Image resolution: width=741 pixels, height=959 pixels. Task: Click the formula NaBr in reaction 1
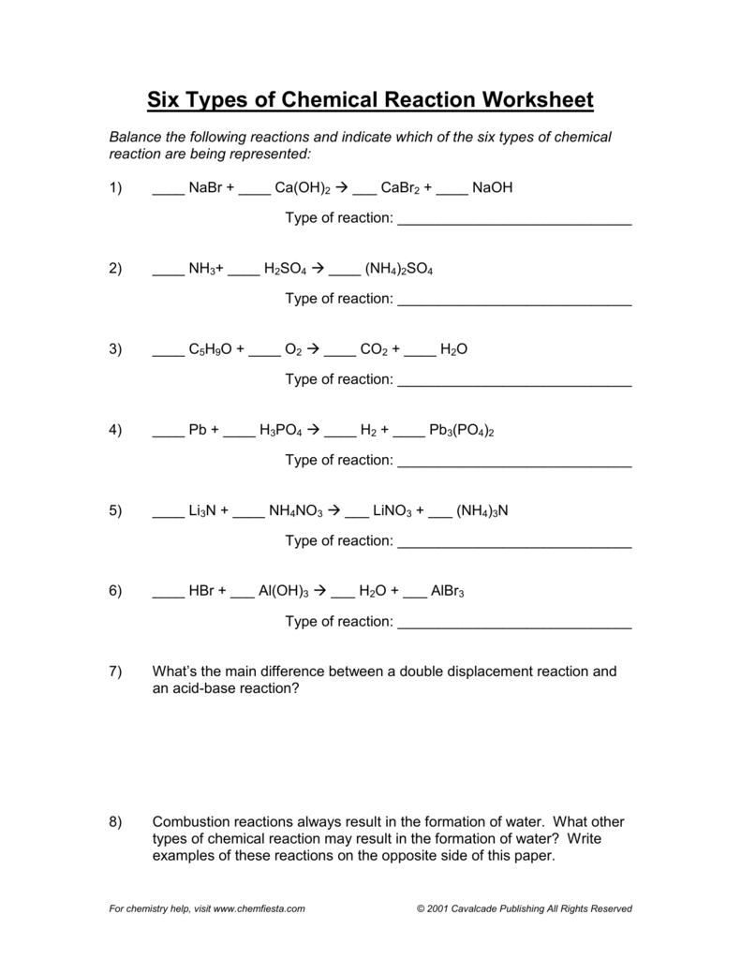(x=203, y=188)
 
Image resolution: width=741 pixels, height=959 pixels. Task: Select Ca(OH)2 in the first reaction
(x=303, y=188)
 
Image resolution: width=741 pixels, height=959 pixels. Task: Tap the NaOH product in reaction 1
(x=493, y=188)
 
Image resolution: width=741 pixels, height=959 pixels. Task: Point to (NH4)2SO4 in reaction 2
(x=399, y=270)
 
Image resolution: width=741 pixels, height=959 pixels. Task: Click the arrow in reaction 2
(x=317, y=269)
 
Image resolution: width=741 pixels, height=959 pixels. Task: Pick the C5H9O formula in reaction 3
(x=211, y=350)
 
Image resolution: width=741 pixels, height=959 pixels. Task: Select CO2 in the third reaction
(x=375, y=350)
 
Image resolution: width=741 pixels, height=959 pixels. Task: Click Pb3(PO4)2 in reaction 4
(x=461, y=431)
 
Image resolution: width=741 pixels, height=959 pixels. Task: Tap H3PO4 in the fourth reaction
(x=281, y=431)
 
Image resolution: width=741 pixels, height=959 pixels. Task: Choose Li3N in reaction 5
(x=202, y=511)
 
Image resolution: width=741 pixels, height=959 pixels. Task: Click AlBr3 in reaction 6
(x=448, y=593)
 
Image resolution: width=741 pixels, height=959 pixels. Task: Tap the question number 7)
(x=115, y=672)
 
